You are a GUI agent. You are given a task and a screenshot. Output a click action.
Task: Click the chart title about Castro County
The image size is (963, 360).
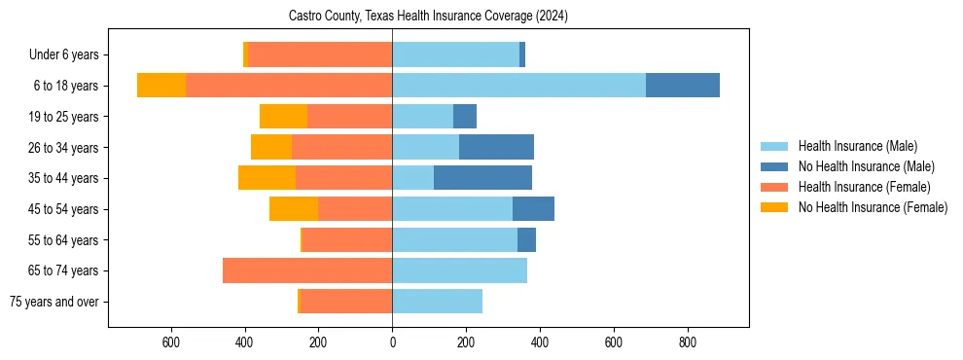(x=428, y=17)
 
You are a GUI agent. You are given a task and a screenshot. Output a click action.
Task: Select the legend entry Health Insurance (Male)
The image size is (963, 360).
(x=857, y=146)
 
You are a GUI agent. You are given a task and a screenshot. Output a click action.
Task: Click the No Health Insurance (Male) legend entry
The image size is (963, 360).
(x=866, y=166)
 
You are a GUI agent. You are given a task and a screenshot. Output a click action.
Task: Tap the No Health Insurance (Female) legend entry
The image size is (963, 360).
(x=873, y=207)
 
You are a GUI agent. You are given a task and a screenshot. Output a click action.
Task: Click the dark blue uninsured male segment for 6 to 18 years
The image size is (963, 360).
(x=682, y=86)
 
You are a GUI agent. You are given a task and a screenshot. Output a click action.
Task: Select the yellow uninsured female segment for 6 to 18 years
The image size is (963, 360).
(x=161, y=86)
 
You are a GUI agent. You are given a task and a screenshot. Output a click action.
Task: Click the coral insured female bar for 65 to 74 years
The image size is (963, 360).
(x=307, y=270)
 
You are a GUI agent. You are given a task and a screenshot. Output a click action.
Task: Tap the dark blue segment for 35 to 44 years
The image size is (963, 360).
(x=482, y=178)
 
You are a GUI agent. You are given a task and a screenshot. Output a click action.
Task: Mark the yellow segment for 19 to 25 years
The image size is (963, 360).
(x=283, y=117)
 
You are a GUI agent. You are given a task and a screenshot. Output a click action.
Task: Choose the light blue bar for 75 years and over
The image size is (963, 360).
(x=437, y=302)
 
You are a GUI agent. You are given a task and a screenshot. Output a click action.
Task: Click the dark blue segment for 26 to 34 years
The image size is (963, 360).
(x=496, y=147)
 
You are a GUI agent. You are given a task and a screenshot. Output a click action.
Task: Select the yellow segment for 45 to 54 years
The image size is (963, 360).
(x=294, y=209)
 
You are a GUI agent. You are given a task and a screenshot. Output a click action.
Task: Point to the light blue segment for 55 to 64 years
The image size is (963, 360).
(x=454, y=239)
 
